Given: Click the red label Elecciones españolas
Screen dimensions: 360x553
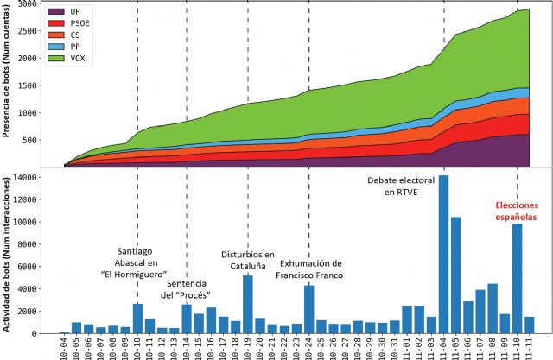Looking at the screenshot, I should (516, 212).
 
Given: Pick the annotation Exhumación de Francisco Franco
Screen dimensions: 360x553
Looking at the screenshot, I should (310, 269).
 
